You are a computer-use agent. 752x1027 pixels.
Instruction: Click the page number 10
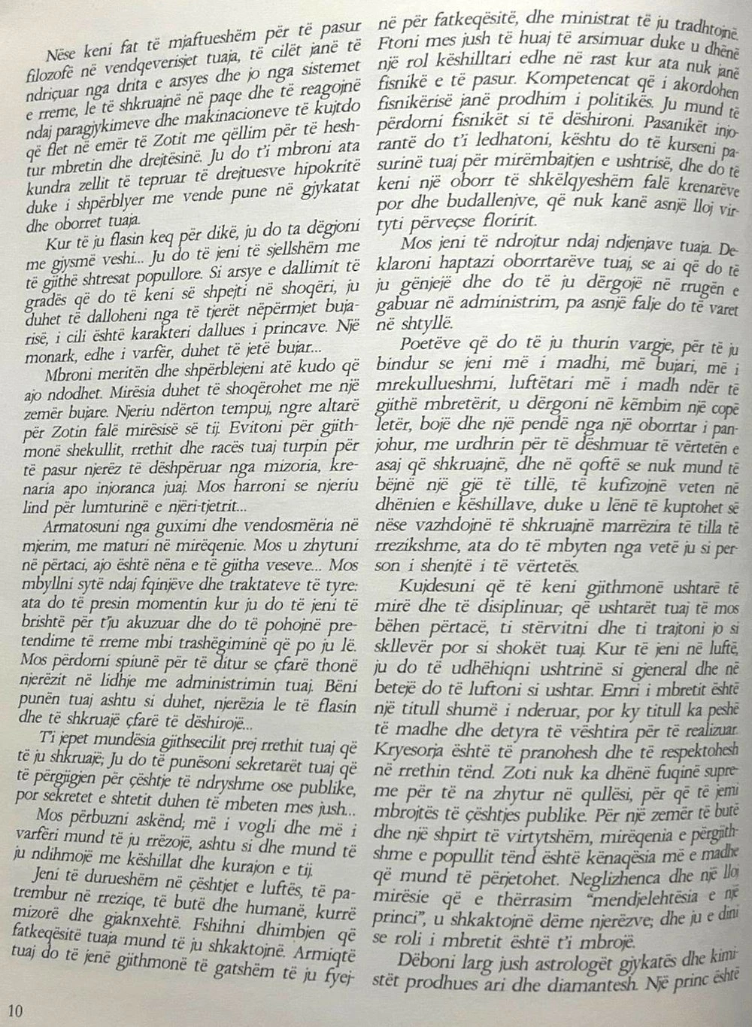(x=15, y=1008)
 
